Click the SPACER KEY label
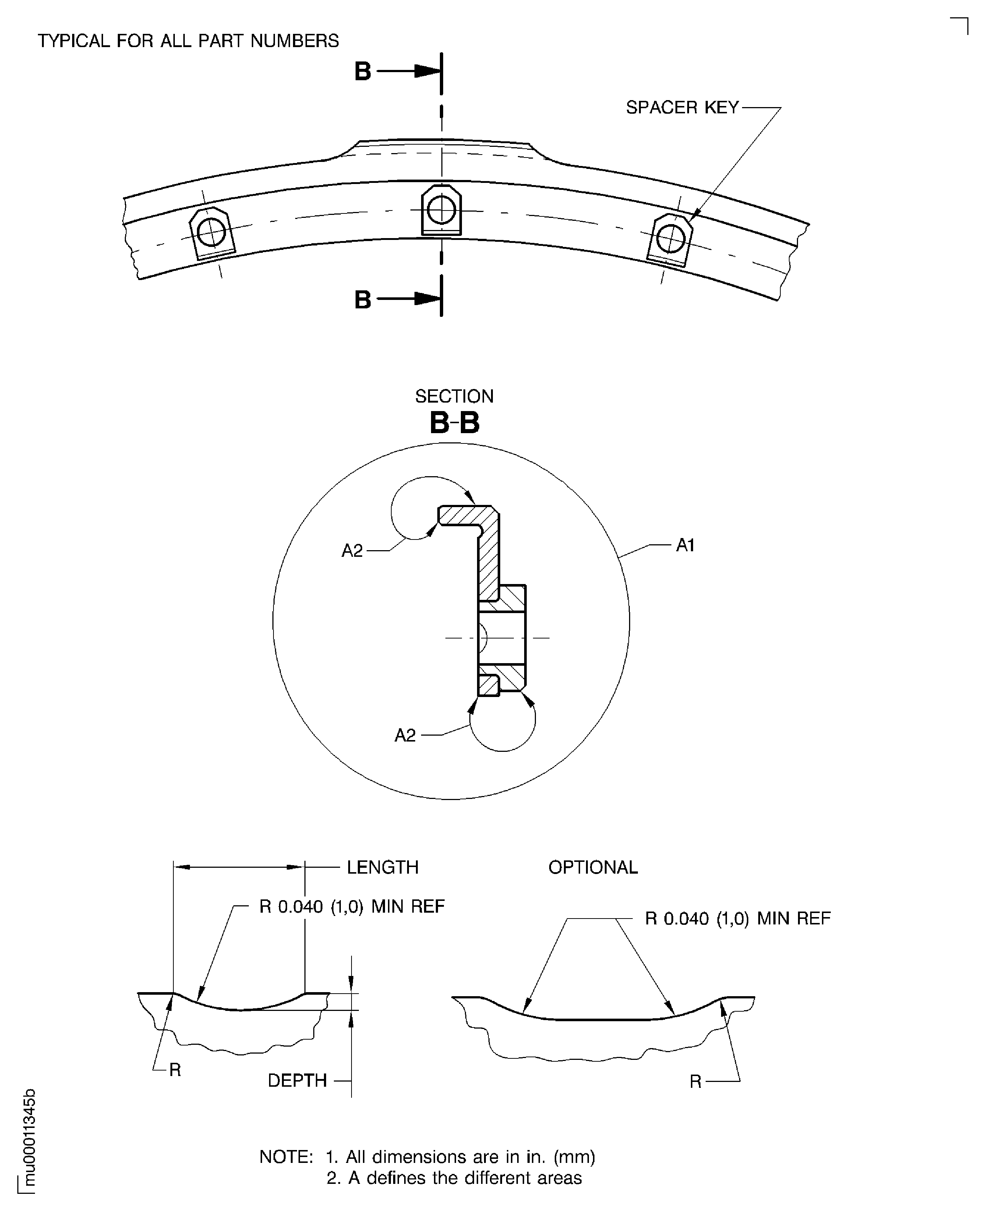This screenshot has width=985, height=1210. point(682,107)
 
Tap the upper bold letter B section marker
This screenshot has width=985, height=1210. point(363,71)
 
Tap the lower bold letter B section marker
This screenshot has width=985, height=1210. point(363,300)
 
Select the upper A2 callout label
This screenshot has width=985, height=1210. point(352,550)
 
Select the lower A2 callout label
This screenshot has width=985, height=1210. point(405,735)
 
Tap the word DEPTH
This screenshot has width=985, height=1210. point(297,1081)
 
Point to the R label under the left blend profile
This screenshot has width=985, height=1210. point(175,1070)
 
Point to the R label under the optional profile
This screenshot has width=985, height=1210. point(696,1082)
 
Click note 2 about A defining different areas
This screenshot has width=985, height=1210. point(454,1178)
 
